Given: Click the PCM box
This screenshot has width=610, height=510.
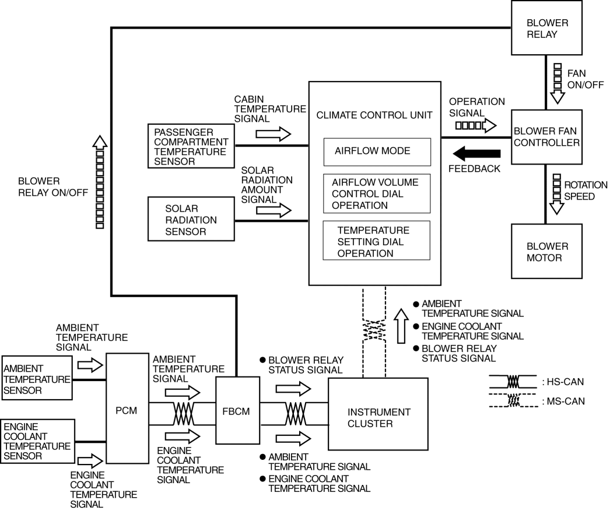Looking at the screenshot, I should tap(127, 408).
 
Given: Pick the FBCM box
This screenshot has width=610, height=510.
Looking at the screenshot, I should tap(237, 410).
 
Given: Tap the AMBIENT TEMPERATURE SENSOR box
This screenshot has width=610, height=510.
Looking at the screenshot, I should tap(37, 379).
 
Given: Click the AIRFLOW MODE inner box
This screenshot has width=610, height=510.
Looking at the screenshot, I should tap(377, 151).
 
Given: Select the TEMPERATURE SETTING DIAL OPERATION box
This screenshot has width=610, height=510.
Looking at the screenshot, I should tap(376, 240).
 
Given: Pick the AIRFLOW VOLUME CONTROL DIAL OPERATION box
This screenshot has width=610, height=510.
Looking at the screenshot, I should tap(376, 194).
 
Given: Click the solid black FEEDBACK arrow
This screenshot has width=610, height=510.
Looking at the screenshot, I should tap(476, 154).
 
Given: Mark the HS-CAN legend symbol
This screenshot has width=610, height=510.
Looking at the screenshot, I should tap(513, 382).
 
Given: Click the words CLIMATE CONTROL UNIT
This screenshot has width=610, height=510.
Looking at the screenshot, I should tap(374, 115).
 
